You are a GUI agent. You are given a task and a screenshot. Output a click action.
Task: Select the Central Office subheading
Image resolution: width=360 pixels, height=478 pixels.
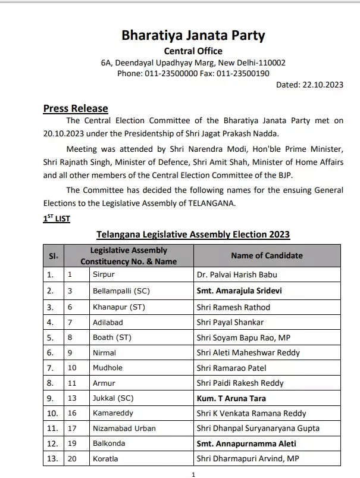(x=193, y=51)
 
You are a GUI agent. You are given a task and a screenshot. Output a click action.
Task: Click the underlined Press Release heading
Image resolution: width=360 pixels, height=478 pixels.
(x=76, y=108)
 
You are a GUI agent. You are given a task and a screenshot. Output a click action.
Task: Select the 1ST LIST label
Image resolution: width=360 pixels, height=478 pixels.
(x=57, y=218)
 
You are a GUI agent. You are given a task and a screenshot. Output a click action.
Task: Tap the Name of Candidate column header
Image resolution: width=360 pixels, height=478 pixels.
(x=267, y=255)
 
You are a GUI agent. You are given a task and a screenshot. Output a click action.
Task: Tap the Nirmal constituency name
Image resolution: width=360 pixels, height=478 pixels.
(x=105, y=352)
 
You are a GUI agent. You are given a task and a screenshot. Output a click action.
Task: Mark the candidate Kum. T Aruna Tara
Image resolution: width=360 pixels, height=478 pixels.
(x=231, y=398)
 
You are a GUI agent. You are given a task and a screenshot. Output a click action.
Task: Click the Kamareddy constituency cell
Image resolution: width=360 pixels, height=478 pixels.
(x=112, y=413)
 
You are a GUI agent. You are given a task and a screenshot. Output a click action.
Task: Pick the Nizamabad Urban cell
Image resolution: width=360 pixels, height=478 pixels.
(x=124, y=428)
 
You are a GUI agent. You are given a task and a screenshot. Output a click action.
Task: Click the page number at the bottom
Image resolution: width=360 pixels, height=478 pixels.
(x=193, y=474)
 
